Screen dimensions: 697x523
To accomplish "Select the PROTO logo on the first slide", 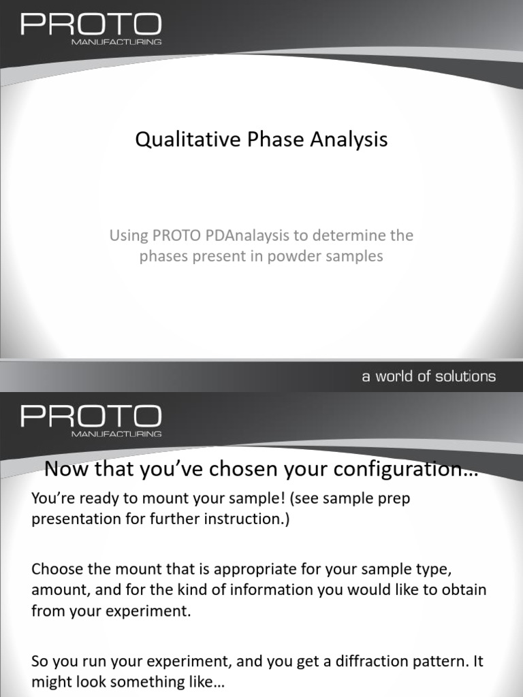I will [x=91, y=25].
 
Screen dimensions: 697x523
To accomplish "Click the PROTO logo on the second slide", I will [x=91, y=416].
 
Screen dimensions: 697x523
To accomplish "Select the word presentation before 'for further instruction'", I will [x=74, y=519].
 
